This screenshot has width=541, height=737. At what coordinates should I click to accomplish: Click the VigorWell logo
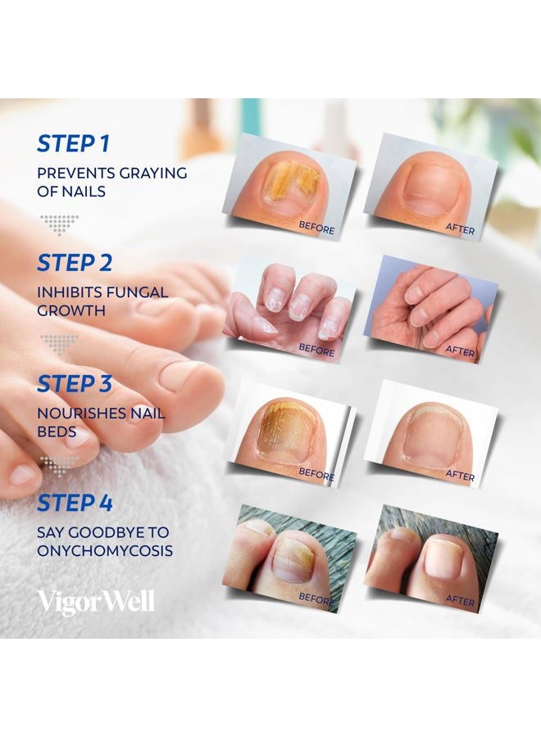95,602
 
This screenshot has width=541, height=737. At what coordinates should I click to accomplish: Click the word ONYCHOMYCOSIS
105,551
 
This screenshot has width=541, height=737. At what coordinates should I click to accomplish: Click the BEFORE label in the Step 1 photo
316,229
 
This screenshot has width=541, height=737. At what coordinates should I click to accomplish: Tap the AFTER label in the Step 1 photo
459,230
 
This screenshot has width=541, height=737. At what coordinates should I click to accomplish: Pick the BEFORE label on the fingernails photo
316,348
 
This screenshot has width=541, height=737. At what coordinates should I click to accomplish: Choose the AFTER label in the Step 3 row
459,475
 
